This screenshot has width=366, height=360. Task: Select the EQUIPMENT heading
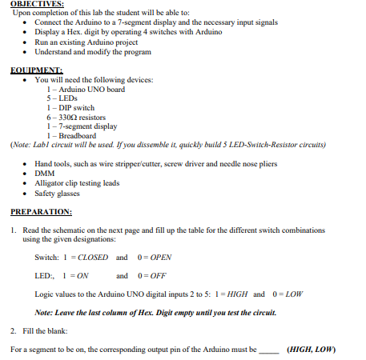tap(37, 70)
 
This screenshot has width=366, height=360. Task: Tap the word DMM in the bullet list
tap(44, 173)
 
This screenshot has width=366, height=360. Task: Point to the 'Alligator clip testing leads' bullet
tap(76, 182)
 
